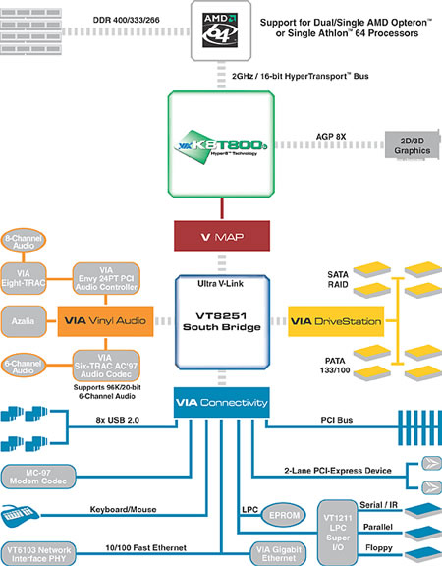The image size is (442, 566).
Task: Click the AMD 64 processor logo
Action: [x=220, y=30]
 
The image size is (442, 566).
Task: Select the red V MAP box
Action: [x=222, y=236]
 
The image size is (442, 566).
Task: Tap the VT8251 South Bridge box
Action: [x=222, y=322]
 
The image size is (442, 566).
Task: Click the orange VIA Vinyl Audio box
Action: [x=105, y=321]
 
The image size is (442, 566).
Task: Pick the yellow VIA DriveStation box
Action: [x=336, y=321]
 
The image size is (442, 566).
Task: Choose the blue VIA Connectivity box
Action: [x=222, y=403]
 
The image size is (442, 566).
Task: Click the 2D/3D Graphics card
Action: [x=413, y=145]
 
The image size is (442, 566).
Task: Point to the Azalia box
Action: [x=24, y=321]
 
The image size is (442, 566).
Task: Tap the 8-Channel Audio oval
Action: [x=24, y=241]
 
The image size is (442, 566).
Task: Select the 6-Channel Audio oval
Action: [x=24, y=366]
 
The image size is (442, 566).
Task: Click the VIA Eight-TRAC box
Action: [x=24, y=278]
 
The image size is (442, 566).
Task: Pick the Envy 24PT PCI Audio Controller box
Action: [x=106, y=278]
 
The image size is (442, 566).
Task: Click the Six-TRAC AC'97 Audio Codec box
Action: [x=106, y=366]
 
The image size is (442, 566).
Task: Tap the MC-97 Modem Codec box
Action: [x=38, y=477]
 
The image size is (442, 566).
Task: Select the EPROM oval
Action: [x=283, y=515]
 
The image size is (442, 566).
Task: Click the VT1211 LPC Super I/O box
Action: [x=337, y=533]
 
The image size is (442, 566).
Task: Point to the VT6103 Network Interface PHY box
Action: [x=38, y=554]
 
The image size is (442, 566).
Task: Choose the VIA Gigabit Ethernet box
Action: [x=279, y=553]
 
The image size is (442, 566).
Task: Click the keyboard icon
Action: [x=20, y=516]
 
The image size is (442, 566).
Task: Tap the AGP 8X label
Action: [x=331, y=137]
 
